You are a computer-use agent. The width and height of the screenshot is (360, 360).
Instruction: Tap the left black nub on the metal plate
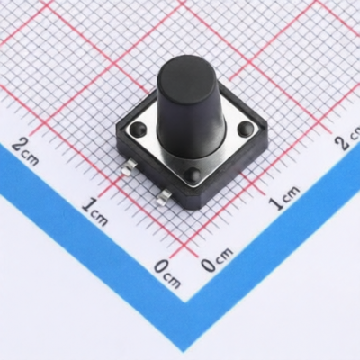139,129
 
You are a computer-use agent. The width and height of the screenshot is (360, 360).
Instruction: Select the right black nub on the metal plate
246,129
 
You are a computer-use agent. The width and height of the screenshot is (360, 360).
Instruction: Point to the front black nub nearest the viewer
193,175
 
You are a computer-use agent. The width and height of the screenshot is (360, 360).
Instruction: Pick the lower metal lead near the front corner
163,198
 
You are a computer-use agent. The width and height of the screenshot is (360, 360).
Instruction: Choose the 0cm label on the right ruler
217,260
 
